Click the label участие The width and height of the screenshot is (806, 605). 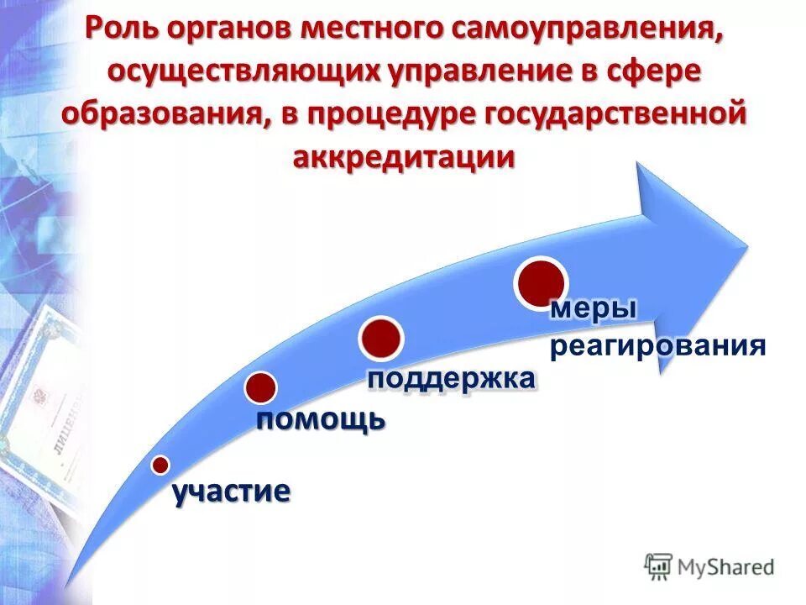(232, 492)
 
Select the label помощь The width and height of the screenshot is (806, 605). (321, 418)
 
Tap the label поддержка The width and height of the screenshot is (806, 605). (451, 378)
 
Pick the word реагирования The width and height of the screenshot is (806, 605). (657, 346)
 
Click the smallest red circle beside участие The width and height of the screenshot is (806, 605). (160, 465)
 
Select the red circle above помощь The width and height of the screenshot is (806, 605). (261, 387)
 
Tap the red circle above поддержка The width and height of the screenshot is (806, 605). (381, 337)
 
